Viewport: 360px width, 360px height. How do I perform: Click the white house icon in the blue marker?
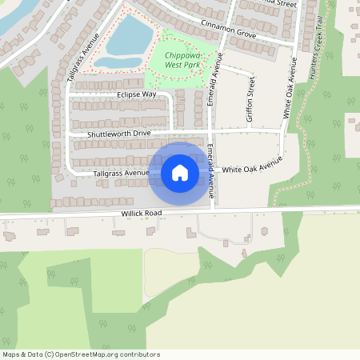coord(180,172)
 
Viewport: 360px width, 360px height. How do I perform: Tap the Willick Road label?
coord(142,214)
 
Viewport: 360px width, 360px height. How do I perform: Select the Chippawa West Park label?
coord(181,58)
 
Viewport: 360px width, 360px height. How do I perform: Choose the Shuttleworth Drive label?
coord(119,133)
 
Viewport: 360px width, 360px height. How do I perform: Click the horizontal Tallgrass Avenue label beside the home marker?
coord(121,172)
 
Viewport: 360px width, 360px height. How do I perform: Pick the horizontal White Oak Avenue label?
coord(253,169)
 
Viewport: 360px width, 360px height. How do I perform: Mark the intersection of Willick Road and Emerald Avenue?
coord(212,210)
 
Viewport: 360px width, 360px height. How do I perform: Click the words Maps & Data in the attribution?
coord(22,354)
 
